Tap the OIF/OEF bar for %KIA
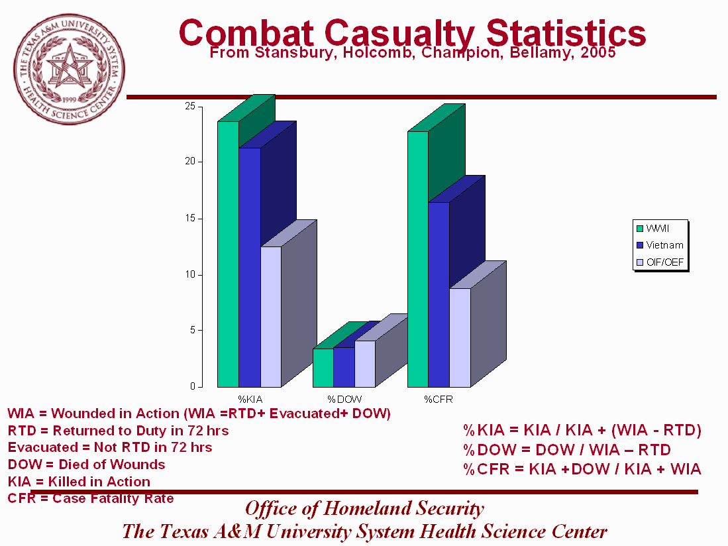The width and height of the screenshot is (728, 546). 270,317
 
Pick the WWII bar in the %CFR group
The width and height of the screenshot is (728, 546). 417,259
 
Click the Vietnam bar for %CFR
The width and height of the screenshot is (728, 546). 439,294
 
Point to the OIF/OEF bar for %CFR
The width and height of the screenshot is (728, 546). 460,337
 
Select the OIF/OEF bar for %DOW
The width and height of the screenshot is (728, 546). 364,364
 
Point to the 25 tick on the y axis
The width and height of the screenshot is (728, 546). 189,106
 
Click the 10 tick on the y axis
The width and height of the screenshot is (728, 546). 189,274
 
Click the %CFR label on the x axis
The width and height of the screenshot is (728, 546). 438,400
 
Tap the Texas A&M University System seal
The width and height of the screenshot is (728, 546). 68,68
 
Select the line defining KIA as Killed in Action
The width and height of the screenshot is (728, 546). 79,482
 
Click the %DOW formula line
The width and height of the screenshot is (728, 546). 566,450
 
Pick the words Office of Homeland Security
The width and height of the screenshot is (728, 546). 364,509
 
